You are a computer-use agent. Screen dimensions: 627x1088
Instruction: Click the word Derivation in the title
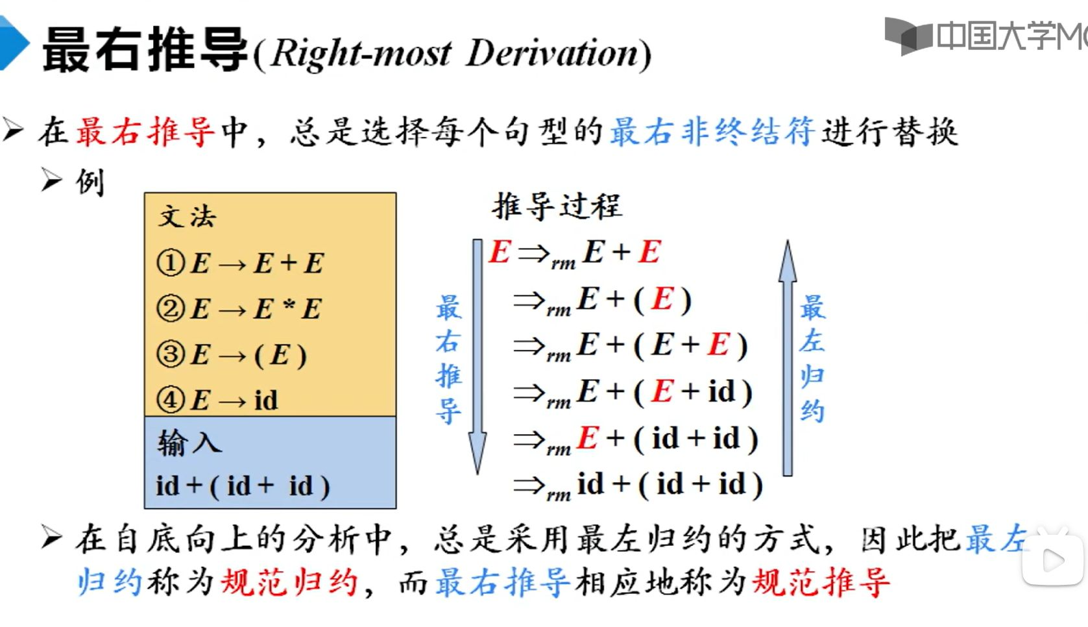pyautogui.click(x=553, y=53)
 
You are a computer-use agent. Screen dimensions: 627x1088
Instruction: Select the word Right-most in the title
pyautogui.click(x=361, y=53)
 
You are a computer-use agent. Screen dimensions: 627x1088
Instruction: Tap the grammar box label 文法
pyautogui.click(x=187, y=216)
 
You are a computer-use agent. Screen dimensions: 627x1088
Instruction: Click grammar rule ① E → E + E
pyautogui.click(x=241, y=263)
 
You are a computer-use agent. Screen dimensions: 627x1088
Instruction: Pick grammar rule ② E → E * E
pyautogui.click(x=239, y=309)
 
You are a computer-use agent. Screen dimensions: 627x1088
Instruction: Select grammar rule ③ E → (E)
pyautogui.click(x=232, y=355)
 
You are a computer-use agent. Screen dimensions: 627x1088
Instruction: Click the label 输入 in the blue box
pyautogui.click(x=189, y=443)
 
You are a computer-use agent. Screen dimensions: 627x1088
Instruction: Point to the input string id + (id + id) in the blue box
pyautogui.click(x=243, y=486)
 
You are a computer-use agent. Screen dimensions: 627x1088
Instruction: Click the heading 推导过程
pyautogui.click(x=557, y=206)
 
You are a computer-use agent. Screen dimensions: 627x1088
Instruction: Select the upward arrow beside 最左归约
pyautogui.click(x=787, y=357)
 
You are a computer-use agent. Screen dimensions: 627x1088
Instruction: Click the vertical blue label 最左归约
pyautogui.click(x=812, y=358)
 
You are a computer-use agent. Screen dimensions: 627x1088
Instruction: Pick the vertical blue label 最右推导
pyautogui.click(x=448, y=358)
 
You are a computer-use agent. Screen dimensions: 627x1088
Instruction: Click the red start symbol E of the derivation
pyautogui.click(x=500, y=252)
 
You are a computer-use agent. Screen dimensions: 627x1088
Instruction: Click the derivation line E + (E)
pyautogui.click(x=635, y=299)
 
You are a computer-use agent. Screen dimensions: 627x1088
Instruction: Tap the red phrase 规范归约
pyautogui.click(x=289, y=582)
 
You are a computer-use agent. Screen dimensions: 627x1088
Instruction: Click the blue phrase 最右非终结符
pyautogui.click(x=712, y=132)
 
